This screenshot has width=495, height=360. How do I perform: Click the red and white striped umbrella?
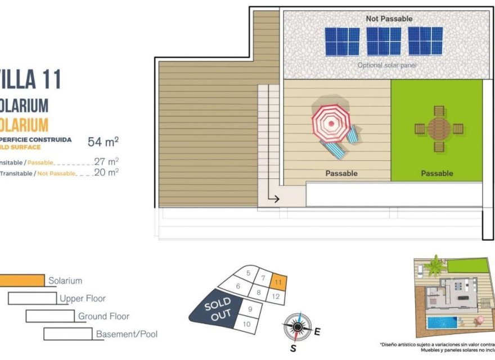pyautogui.click(x=331, y=123)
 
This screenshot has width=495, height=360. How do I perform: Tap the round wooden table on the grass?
pyautogui.click(x=439, y=129)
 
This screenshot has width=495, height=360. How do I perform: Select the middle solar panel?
pyautogui.click(x=384, y=41)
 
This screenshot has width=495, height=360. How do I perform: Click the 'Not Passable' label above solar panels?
pyautogui.click(x=389, y=19)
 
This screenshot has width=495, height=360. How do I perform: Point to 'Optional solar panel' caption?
pyautogui.click(x=386, y=65)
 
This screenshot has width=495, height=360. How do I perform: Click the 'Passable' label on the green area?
pyautogui.click(x=437, y=173)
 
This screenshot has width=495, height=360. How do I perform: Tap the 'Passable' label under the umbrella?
pyautogui.click(x=341, y=173)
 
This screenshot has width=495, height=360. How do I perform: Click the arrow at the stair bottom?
pyautogui.click(x=274, y=198)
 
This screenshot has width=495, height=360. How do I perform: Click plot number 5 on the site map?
pyautogui.click(x=248, y=273)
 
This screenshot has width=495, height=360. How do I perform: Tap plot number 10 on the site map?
pyautogui.click(x=246, y=324)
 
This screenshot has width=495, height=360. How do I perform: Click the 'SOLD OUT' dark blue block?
pyautogui.click(x=217, y=310)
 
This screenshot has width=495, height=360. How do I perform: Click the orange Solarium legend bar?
pyautogui.click(x=22, y=280)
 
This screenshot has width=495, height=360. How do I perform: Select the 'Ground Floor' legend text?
pyautogui.click(x=103, y=316)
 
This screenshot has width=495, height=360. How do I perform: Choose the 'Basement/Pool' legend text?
pyautogui.click(x=127, y=334)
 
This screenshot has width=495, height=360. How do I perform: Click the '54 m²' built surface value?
pyautogui.click(x=103, y=141)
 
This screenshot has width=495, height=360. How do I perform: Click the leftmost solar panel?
pyautogui.click(x=342, y=41)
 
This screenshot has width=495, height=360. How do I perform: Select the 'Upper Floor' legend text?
pyautogui.click(x=83, y=298)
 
